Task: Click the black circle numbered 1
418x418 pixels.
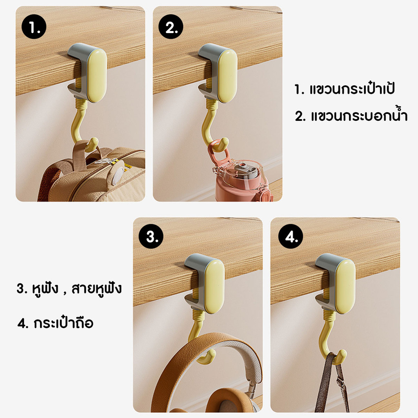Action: tap(34, 27)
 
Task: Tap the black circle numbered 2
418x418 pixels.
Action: tap(171, 27)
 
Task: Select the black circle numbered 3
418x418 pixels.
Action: tap(151, 236)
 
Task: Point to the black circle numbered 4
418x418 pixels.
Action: tap(291, 236)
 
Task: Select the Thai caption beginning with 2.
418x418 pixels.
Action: tap(351, 116)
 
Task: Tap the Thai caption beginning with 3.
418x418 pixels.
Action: tap(69, 289)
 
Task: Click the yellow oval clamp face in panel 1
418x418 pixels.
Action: tap(97, 76)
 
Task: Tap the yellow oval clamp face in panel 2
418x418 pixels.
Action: tap(227, 76)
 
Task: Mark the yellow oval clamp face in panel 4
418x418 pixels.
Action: tap(345, 286)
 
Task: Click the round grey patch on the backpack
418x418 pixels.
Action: tap(117, 176)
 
